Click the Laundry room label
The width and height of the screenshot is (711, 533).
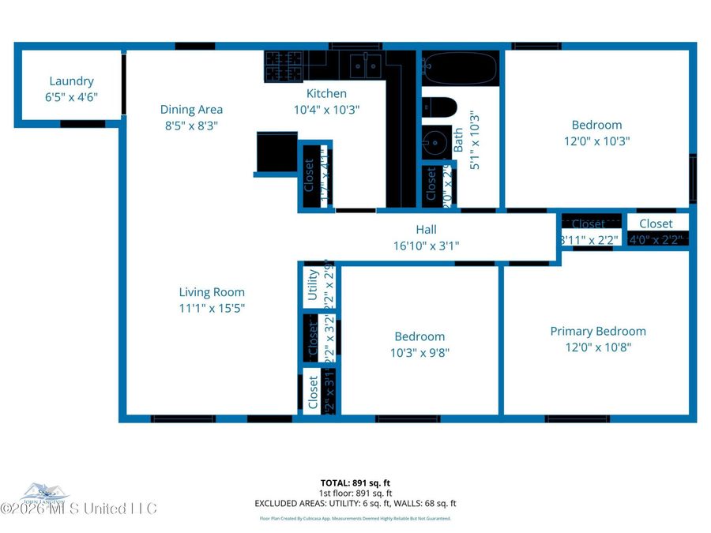click(71, 81)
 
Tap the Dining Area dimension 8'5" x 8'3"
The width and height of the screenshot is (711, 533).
click(191, 125)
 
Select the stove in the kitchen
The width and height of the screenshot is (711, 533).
click(278, 66)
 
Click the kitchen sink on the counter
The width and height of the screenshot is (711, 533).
click(365, 66)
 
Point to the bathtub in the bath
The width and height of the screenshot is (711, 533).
click(460, 68)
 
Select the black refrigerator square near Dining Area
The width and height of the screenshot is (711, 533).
click(276, 152)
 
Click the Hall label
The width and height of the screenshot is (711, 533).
click(426, 230)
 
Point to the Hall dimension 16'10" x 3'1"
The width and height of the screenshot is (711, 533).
click(426, 246)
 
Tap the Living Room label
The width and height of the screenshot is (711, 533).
click(212, 292)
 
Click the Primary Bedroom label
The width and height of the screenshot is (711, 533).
click(598, 332)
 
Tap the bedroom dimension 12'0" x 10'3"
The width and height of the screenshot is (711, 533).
click(596, 141)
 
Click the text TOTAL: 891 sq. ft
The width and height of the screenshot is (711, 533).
click(355, 482)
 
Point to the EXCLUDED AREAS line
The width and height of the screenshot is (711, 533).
click(355, 503)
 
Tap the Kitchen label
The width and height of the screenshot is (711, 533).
click(326, 94)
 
